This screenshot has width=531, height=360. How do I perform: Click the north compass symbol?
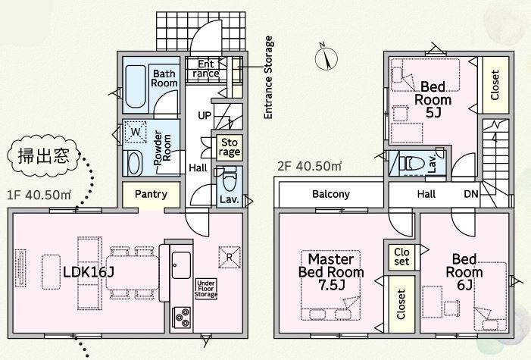(x=326, y=58)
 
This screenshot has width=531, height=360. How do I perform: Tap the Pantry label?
(x=151, y=194)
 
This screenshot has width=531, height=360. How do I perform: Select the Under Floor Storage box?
(x=206, y=289)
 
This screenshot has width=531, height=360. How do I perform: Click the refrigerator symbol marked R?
(x=230, y=257)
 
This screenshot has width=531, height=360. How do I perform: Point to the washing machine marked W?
(x=136, y=132)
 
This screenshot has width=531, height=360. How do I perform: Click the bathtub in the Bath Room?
(x=136, y=86)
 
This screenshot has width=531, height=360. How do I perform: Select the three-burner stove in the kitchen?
(x=182, y=318)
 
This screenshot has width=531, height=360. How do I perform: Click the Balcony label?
(x=331, y=194)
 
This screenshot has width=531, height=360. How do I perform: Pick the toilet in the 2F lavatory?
(x=412, y=164)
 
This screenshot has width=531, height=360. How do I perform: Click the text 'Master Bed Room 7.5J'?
(x=331, y=272)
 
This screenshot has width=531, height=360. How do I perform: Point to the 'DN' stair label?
(x=471, y=194)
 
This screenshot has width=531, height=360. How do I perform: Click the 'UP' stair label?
(x=205, y=116)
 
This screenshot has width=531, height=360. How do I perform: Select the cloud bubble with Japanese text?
(x=43, y=156)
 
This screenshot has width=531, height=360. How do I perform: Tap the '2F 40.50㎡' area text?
(x=309, y=166)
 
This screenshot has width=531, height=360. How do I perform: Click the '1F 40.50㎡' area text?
(x=39, y=195)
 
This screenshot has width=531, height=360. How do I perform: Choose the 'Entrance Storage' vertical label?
(x=268, y=77)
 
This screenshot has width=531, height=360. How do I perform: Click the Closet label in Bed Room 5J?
(x=495, y=85)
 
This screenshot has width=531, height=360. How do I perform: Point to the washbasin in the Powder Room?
(x=134, y=164)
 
